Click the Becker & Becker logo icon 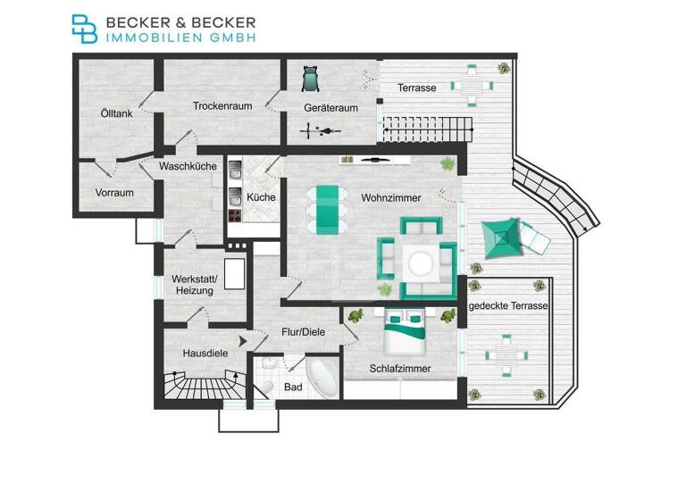tap(86, 29)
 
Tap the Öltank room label tap(116, 113)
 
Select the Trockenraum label tap(222, 105)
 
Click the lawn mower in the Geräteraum tap(310, 79)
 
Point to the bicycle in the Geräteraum tap(321, 132)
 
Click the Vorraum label tap(114, 192)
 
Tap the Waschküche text tap(188, 166)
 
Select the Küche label tap(261, 197)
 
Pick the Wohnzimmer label tap(390, 197)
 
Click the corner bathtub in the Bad tap(320, 379)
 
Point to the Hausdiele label tap(205, 353)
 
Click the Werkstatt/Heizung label tap(192, 285)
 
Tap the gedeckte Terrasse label tap(507, 306)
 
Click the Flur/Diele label tap(303, 332)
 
